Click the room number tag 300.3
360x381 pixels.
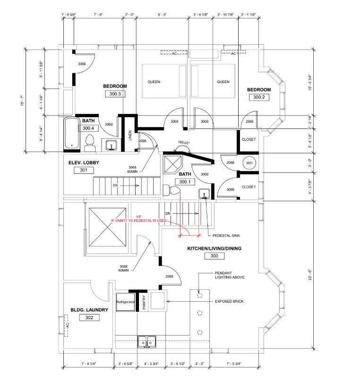(115, 94)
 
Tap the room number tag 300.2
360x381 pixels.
(258, 97)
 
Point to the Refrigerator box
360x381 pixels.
(126, 301)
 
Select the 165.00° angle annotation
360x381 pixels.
(184, 142)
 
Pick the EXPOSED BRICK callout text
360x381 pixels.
(229, 301)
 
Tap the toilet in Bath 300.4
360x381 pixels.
(89, 144)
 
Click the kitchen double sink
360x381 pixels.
(147, 341)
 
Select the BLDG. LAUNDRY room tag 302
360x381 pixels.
(89, 318)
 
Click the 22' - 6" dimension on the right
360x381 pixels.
(310, 275)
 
